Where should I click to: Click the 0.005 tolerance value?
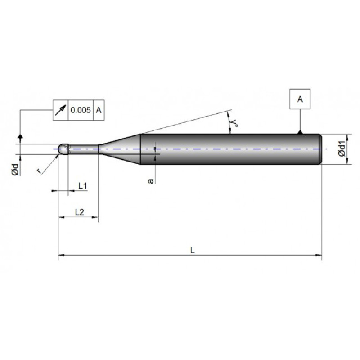81,110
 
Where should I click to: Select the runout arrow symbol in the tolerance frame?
61,110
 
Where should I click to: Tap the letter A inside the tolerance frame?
99,110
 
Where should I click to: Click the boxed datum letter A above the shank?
300,99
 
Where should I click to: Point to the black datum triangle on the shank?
300,132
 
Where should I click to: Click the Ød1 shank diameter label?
342,149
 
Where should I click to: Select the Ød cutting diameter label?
15,170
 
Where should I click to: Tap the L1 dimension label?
83,185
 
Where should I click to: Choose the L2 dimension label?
80,212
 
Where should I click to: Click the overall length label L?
193,250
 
